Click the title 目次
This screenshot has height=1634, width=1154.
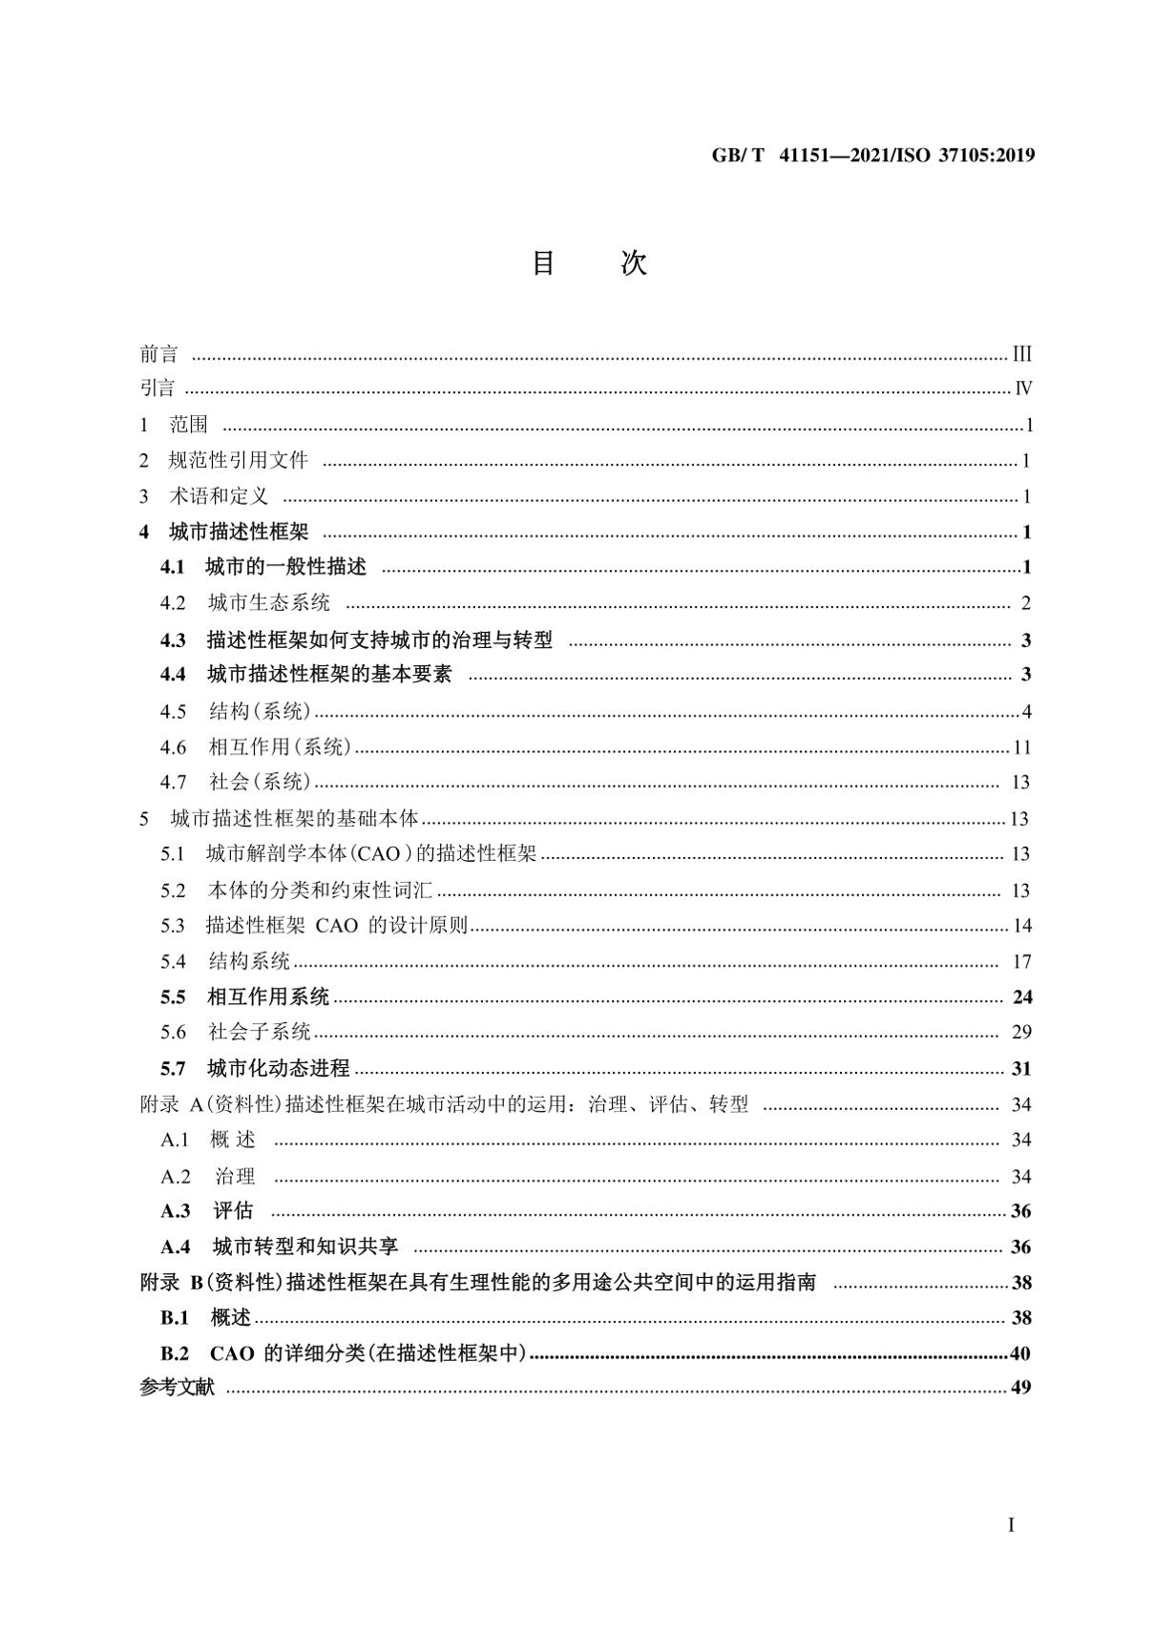(x=589, y=263)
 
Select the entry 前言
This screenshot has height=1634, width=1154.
(x=158, y=355)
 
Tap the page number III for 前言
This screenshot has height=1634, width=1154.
(x=1022, y=355)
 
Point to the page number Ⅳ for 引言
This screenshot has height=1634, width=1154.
(x=1023, y=389)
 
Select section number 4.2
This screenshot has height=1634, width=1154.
(x=173, y=603)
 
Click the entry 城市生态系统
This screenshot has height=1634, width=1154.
(x=269, y=603)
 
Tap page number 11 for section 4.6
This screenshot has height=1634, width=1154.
(x=1022, y=747)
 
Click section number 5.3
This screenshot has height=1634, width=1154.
(x=173, y=926)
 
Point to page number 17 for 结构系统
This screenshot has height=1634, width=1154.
(x=1021, y=962)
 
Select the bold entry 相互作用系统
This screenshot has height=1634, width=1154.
(x=268, y=997)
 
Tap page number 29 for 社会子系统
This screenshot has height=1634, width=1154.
(x=1021, y=1032)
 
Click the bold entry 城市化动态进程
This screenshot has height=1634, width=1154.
(x=279, y=1068)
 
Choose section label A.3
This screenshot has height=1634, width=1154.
(x=176, y=1211)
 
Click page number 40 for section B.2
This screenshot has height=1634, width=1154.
(x=1020, y=1353)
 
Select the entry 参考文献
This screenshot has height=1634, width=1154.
(x=178, y=1388)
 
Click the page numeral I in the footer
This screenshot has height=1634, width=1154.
(x=1012, y=1525)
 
